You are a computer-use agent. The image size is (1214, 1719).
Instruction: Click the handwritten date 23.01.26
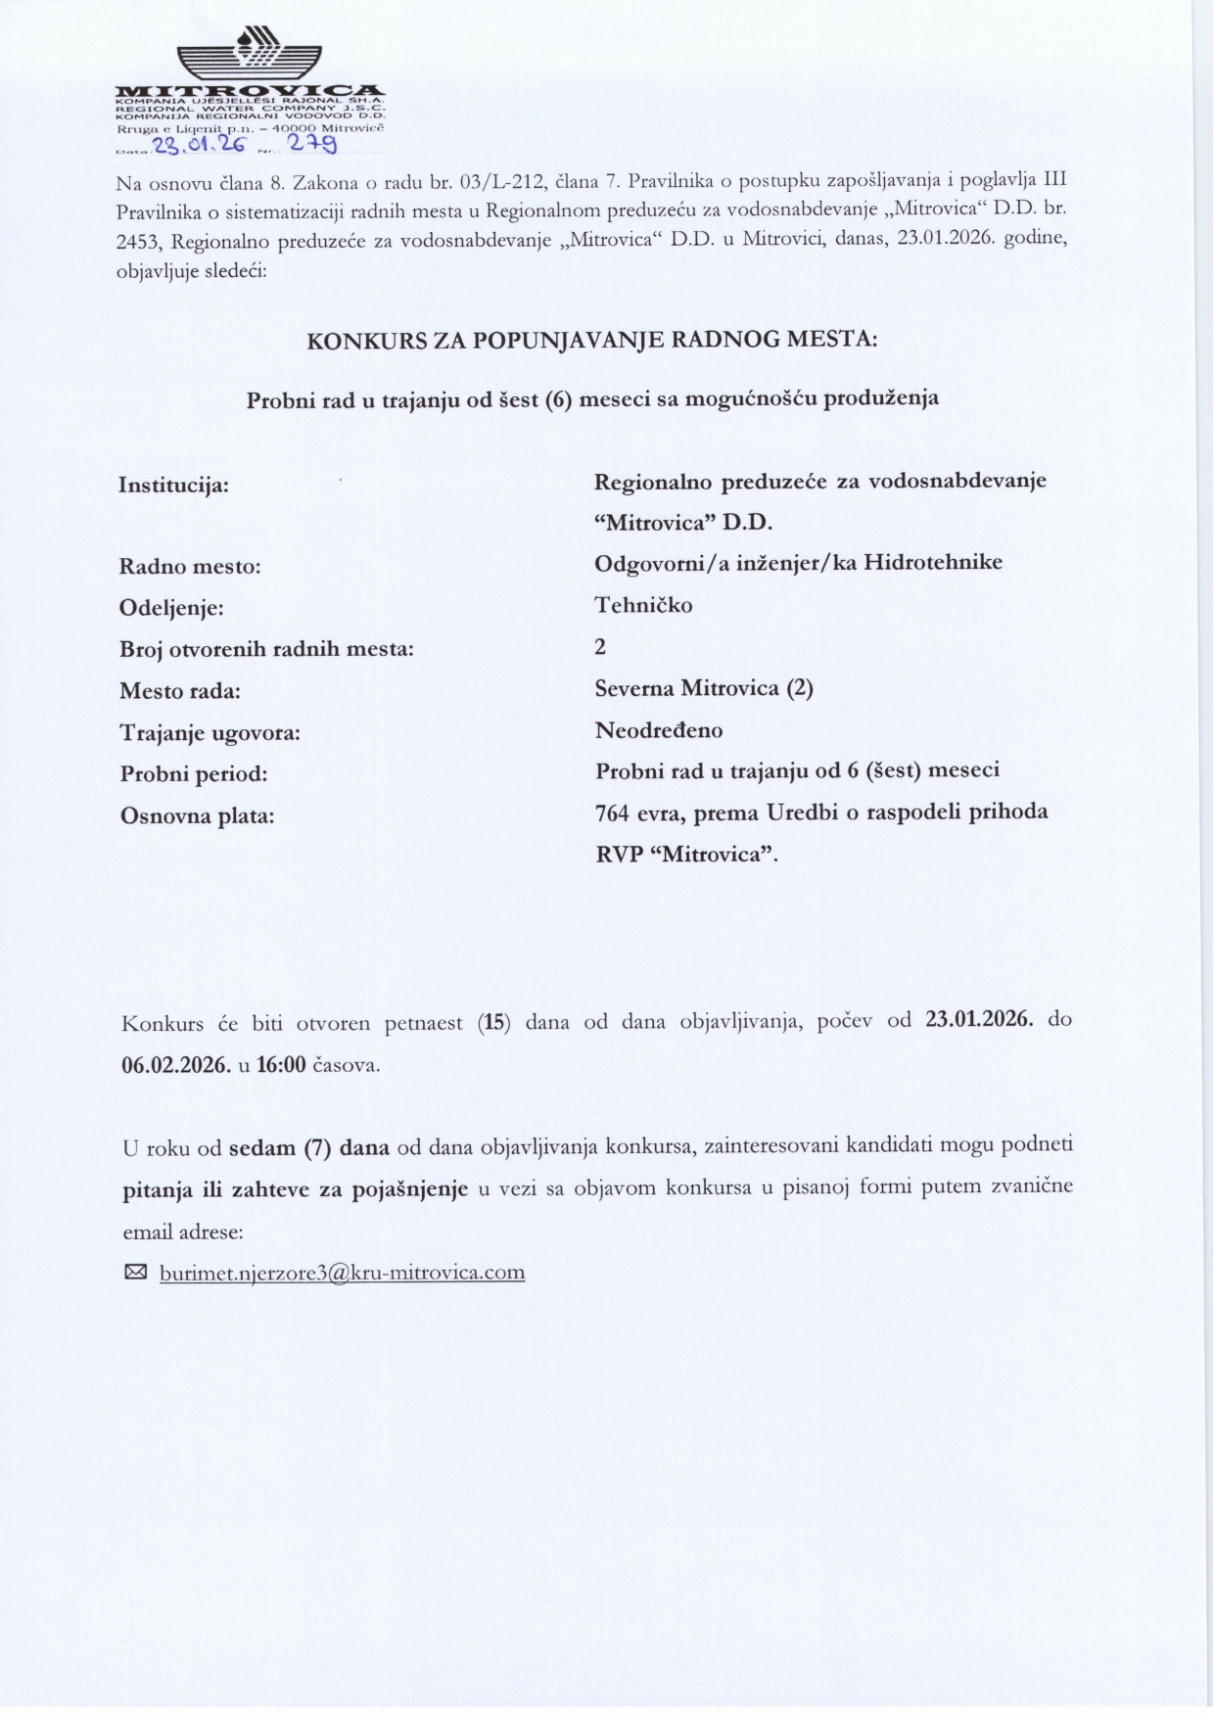point(197,146)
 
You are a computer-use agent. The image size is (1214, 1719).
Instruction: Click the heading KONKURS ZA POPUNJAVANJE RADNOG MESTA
point(592,341)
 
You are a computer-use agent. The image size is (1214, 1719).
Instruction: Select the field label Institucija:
point(174,485)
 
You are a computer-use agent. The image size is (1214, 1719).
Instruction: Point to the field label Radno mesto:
point(190,567)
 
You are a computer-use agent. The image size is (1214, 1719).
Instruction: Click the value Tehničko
point(643,605)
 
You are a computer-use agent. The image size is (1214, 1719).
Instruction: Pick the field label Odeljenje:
point(171,608)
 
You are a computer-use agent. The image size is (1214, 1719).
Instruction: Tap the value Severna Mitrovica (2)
point(704,688)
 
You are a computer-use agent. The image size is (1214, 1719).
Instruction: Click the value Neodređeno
point(659,730)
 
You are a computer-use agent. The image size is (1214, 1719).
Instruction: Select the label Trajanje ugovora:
point(210,732)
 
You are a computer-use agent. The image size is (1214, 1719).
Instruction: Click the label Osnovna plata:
point(197,815)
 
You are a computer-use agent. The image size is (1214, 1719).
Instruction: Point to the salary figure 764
point(615,813)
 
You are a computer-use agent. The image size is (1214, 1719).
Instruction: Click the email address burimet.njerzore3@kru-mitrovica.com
point(342,1273)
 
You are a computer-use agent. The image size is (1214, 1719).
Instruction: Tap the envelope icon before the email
point(135,1273)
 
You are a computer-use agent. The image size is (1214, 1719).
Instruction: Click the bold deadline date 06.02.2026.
point(176,1065)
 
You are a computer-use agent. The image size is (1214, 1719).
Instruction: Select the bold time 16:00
point(281,1065)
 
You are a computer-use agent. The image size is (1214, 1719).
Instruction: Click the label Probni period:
point(194,774)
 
